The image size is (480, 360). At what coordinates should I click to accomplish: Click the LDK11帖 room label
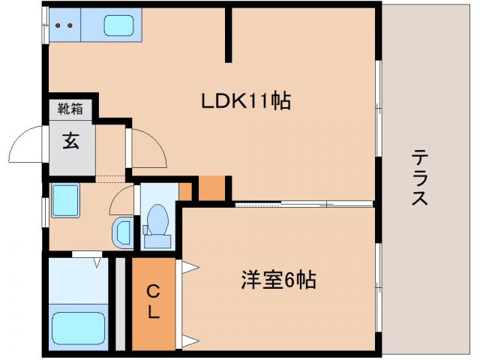coord(244,100)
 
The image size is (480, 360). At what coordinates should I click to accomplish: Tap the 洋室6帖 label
coord(278,281)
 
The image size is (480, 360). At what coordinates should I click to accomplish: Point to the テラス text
coord(419,178)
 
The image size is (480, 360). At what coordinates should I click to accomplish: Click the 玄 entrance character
coord(70,140)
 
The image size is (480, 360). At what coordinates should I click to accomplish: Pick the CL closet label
coord(153,301)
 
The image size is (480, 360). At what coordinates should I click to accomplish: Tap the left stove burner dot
coord(58,25)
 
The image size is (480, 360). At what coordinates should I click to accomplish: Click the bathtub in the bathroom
coord(78,328)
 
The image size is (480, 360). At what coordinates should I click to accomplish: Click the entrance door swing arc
coord(30,142)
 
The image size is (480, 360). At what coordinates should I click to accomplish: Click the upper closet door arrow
coord(187,266)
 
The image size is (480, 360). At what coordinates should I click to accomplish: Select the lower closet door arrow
coord(187,341)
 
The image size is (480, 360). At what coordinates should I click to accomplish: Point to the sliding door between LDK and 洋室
coord(304,202)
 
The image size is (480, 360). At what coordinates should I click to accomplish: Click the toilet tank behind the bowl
coord(157,240)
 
